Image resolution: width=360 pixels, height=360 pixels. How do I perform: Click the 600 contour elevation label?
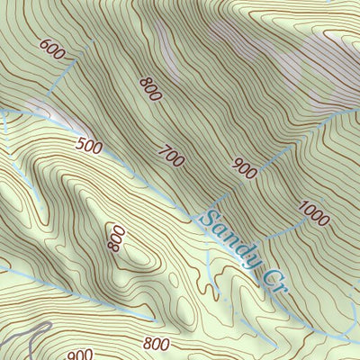click(x=52, y=50)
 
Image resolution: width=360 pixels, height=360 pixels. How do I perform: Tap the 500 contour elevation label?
click(x=89, y=146)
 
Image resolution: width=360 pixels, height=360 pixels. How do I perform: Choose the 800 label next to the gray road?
click(x=157, y=343)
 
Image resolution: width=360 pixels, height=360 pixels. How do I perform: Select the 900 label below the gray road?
click(x=80, y=355)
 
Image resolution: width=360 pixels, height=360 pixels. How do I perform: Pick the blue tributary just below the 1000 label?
click(x=297, y=236)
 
